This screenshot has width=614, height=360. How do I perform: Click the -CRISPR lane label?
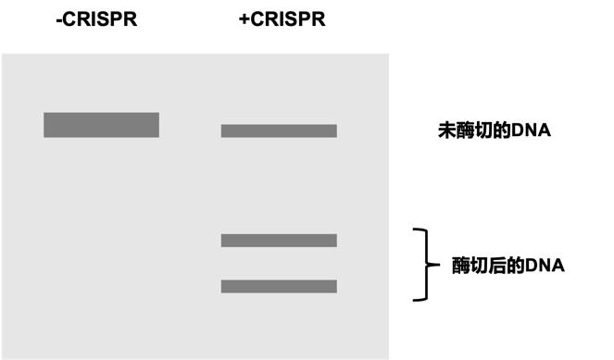[x=97, y=19]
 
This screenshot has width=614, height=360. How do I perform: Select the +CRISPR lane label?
[x=282, y=19]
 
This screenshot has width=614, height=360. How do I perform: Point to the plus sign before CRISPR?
[x=244, y=19]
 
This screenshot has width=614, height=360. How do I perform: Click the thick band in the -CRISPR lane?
[x=101, y=125]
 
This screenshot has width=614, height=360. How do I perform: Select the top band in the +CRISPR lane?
[x=279, y=130]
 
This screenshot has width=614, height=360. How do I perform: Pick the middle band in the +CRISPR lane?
[x=279, y=241]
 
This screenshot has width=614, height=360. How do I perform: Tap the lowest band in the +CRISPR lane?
[x=279, y=286]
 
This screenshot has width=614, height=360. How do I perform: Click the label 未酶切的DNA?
[x=494, y=130]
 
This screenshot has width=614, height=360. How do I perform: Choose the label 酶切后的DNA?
[x=507, y=265]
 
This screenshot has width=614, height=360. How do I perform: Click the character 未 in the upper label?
[x=445, y=130]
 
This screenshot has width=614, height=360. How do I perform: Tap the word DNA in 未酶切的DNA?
[x=531, y=130]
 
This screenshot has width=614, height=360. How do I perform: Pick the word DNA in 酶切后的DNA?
[x=545, y=265]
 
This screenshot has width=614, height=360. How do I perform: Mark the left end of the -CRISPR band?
[x=46, y=125]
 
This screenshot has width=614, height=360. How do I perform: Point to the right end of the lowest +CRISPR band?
[x=334, y=286]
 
